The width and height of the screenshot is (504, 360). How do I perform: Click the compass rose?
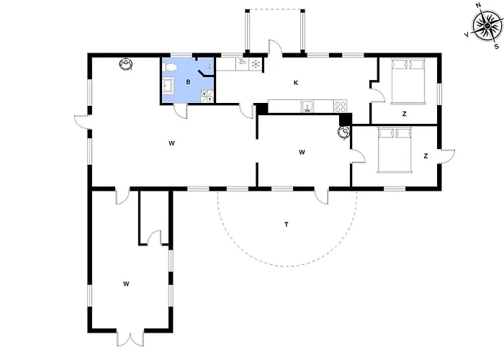pyautogui.click(x=487, y=26)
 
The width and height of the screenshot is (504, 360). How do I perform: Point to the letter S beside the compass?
pyautogui.click(x=497, y=47)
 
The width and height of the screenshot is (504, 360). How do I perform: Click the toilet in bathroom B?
pyautogui.click(x=170, y=67)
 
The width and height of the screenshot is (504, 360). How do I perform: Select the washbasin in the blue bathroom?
pyautogui.click(x=168, y=86)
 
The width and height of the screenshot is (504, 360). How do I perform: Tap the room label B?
pyautogui.click(x=188, y=82)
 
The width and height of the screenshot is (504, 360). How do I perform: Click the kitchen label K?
pyautogui.click(x=296, y=83)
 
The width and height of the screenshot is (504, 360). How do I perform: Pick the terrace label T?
pyautogui.click(x=286, y=225)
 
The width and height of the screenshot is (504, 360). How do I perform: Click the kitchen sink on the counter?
pyautogui.click(x=307, y=106)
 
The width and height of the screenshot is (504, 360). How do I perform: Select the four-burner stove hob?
pyautogui.click(x=341, y=106)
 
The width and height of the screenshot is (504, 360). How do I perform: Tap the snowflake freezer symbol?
pyautogui.click(x=256, y=64)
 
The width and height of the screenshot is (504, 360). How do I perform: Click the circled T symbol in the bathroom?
pyautogui.click(x=210, y=99)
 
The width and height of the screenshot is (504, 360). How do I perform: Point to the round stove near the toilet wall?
pyautogui.click(x=126, y=63)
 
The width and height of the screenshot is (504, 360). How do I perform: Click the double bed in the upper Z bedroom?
pyautogui.click(x=408, y=81)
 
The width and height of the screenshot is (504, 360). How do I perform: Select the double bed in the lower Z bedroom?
pyautogui.click(x=395, y=150)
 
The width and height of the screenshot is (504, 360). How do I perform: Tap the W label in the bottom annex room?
pyautogui.click(x=126, y=284)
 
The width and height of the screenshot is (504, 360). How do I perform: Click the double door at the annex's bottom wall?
pyautogui.click(x=130, y=338)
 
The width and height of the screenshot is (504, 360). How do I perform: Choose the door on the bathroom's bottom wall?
pyautogui.click(x=180, y=111)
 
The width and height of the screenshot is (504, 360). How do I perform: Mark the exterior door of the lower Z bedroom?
pyautogui.click(x=447, y=156)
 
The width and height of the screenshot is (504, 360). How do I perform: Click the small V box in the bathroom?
pyautogui.click(x=204, y=94)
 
